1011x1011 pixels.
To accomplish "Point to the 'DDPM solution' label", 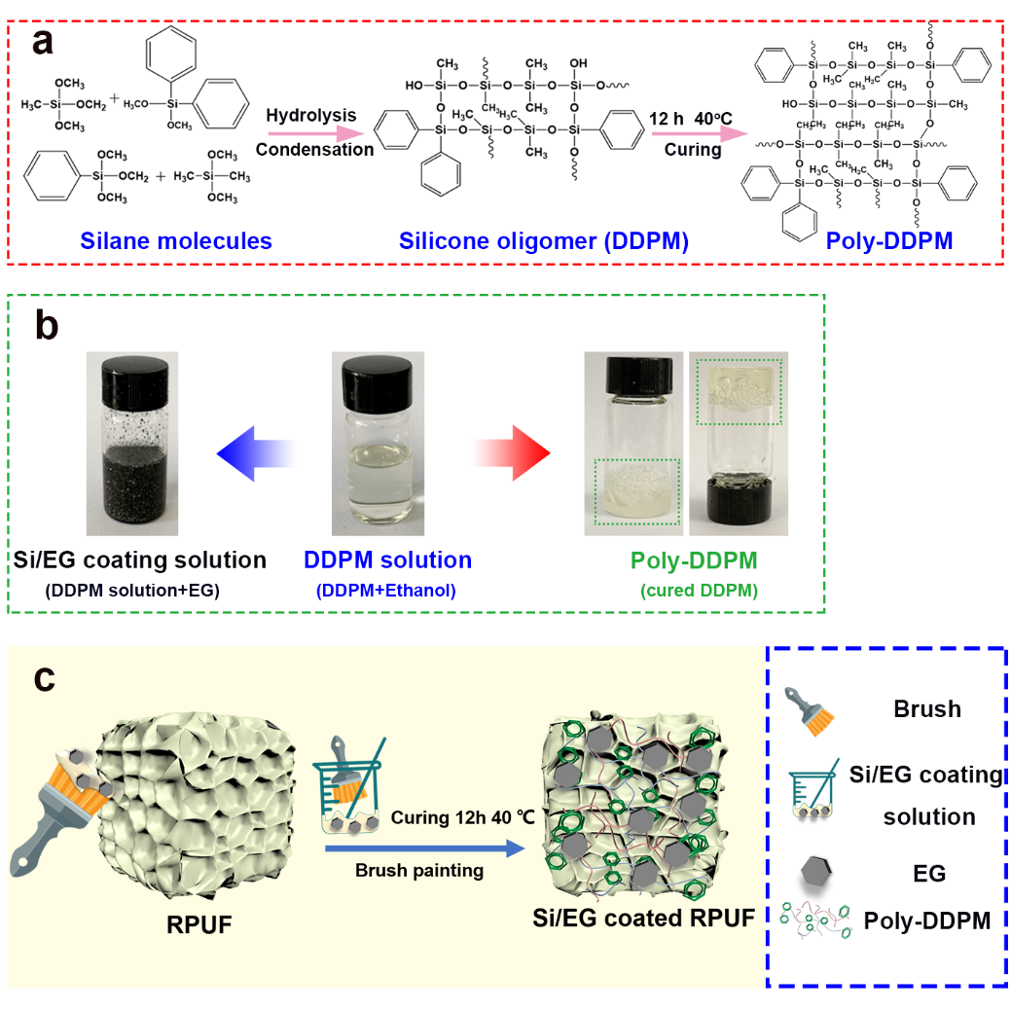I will pyautogui.click(x=387, y=560).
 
